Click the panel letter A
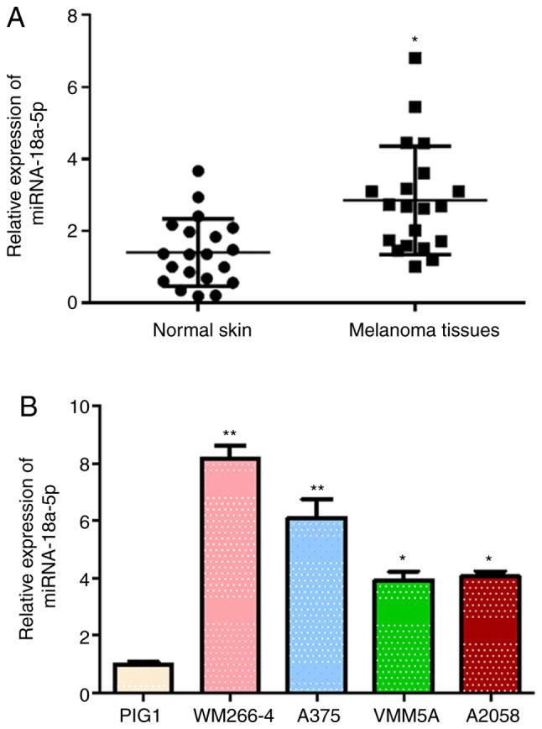click(x=15, y=18)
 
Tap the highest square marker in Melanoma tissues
click(x=414, y=58)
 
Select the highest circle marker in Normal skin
click(x=198, y=170)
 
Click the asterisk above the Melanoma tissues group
click(x=414, y=40)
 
